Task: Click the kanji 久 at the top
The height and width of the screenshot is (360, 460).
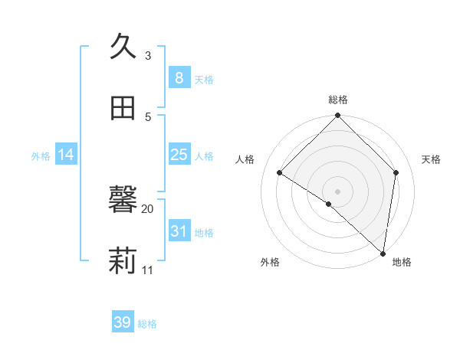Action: pyautogui.click(x=123, y=47)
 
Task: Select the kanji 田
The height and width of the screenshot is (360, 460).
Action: pyautogui.click(x=123, y=108)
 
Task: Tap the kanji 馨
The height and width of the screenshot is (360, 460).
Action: pyautogui.click(x=123, y=201)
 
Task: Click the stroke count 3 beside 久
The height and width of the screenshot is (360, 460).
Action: pyautogui.click(x=148, y=55)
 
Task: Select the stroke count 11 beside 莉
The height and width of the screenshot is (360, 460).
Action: pyautogui.click(x=148, y=270)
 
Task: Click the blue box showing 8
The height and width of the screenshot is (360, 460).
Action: pyautogui.click(x=179, y=78)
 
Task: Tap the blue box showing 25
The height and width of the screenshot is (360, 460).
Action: pyautogui.click(x=179, y=155)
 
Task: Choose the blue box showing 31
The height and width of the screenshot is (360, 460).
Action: pyautogui.click(x=179, y=231)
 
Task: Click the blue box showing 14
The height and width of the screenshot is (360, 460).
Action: pyautogui.click(x=66, y=155)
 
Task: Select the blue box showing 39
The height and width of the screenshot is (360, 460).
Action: pyautogui.click(x=122, y=322)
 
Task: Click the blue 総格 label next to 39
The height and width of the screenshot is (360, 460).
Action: pyautogui.click(x=147, y=324)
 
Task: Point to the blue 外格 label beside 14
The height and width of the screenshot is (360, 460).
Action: pyautogui.click(x=41, y=156)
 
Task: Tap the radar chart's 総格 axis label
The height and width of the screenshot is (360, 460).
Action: pyautogui.click(x=338, y=100)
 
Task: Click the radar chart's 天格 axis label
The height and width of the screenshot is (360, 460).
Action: pyautogui.click(x=432, y=159)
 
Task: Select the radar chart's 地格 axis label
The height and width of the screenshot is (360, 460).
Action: pyautogui.click(x=402, y=262)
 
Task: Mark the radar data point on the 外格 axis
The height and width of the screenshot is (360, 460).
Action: pyautogui.click(x=329, y=204)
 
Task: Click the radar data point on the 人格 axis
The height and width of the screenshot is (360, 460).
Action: pyautogui.click(x=280, y=172)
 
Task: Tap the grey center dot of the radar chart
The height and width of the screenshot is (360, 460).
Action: pyautogui.click(x=338, y=191)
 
